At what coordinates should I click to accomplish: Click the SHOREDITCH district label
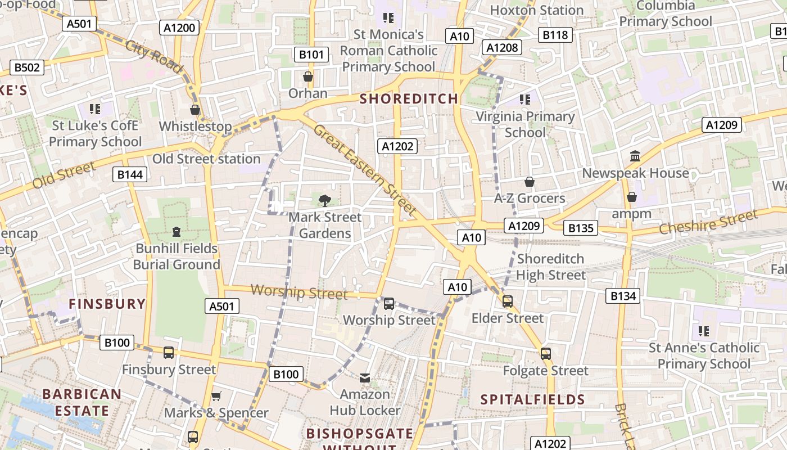(409, 99)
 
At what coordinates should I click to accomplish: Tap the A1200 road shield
(180, 28)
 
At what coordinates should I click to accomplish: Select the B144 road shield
(130, 175)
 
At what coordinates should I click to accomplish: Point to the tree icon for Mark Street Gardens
(324, 200)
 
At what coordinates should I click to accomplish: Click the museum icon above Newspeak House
(635, 156)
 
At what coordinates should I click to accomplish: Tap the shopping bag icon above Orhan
(308, 76)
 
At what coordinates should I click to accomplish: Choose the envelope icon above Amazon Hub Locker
(365, 377)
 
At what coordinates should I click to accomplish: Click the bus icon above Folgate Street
(545, 354)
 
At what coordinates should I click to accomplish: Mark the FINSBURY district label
(107, 304)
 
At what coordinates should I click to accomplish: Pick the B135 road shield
(581, 228)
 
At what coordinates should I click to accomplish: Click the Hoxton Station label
(537, 10)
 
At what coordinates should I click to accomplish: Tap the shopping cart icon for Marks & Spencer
(216, 396)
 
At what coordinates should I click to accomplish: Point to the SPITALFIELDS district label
(533, 400)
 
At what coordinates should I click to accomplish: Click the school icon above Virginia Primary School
(525, 100)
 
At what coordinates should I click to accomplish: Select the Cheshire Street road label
(708, 222)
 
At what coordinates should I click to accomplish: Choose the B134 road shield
(623, 296)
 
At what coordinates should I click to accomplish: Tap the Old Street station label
(206, 159)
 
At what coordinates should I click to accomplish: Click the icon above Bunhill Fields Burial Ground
(177, 231)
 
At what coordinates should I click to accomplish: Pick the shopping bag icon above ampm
(632, 197)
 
